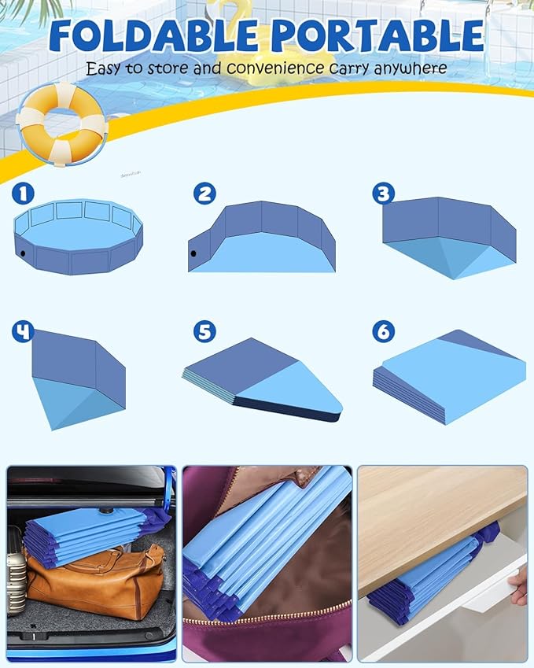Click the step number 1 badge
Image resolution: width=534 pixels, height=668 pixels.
pos(22,194)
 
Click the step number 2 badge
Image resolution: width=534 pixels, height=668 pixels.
pos(204,194)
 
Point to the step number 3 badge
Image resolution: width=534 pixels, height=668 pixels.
pos(383,194)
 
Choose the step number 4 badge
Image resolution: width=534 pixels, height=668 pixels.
pos(22,331)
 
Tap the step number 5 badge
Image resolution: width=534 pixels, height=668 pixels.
pos(204,331)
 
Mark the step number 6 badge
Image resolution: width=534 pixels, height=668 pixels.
pos(383,331)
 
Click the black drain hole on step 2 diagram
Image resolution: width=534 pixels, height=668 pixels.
pos(193,253)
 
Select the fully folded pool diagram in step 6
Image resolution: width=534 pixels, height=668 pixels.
pos(448,377)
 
